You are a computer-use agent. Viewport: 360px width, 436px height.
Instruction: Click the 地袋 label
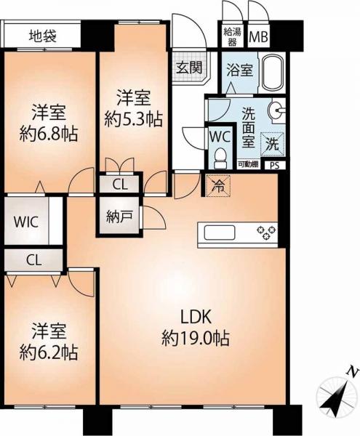tap(43, 36)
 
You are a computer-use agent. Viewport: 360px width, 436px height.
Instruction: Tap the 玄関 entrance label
tap(190, 67)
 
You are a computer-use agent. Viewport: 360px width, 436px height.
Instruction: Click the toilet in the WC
tap(220, 158)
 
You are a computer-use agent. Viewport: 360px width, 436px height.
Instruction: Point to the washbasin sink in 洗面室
tap(277, 110)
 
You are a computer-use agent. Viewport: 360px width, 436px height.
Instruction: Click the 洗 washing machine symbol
tap(272, 144)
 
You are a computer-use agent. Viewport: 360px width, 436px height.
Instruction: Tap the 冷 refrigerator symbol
tap(218, 186)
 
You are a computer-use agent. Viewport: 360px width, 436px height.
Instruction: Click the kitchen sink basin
tap(220, 233)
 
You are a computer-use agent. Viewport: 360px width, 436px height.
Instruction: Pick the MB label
tap(258, 37)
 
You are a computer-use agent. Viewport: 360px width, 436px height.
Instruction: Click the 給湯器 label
tap(232, 37)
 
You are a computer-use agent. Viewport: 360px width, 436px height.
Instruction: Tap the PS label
tap(274, 166)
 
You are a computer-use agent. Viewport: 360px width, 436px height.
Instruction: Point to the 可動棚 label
tap(248, 164)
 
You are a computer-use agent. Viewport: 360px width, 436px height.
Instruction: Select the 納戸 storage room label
tap(119, 217)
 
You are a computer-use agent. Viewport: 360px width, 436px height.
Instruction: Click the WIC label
tap(26, 222)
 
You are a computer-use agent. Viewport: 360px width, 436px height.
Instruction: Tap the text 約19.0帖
tap(196, 339)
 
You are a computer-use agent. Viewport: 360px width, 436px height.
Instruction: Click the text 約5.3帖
tap(134, 120)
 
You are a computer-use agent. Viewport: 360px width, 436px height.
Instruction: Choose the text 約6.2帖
tap(49, 353)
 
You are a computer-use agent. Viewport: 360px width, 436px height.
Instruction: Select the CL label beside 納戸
tap(120, 185)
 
